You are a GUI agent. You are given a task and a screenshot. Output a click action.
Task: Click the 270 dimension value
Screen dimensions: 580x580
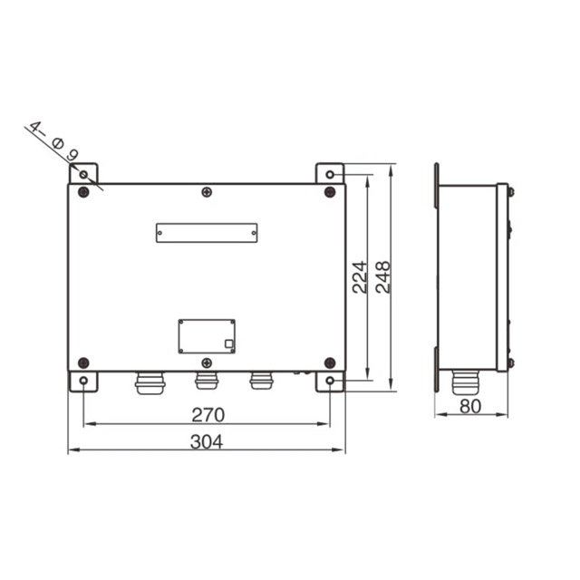point(208,415)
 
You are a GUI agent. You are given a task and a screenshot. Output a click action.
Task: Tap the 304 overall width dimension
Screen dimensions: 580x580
point(207,441)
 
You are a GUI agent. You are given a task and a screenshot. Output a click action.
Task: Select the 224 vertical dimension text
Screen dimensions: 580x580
point(360,277)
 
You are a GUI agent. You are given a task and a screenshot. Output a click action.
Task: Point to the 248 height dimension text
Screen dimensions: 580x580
point(383,277)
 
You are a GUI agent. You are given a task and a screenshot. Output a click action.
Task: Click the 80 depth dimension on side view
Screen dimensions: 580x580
point(470,406)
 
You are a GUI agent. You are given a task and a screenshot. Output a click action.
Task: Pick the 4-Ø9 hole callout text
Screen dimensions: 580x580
point(54,141)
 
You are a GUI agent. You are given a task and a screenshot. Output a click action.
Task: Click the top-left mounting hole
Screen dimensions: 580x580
point(83,174)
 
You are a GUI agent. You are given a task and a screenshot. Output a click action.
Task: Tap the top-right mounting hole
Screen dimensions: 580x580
point(330,174)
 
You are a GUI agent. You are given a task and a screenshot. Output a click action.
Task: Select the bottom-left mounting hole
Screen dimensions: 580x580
point(83,381)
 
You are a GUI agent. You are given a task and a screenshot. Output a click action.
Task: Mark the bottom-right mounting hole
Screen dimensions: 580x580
point(330,381)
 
